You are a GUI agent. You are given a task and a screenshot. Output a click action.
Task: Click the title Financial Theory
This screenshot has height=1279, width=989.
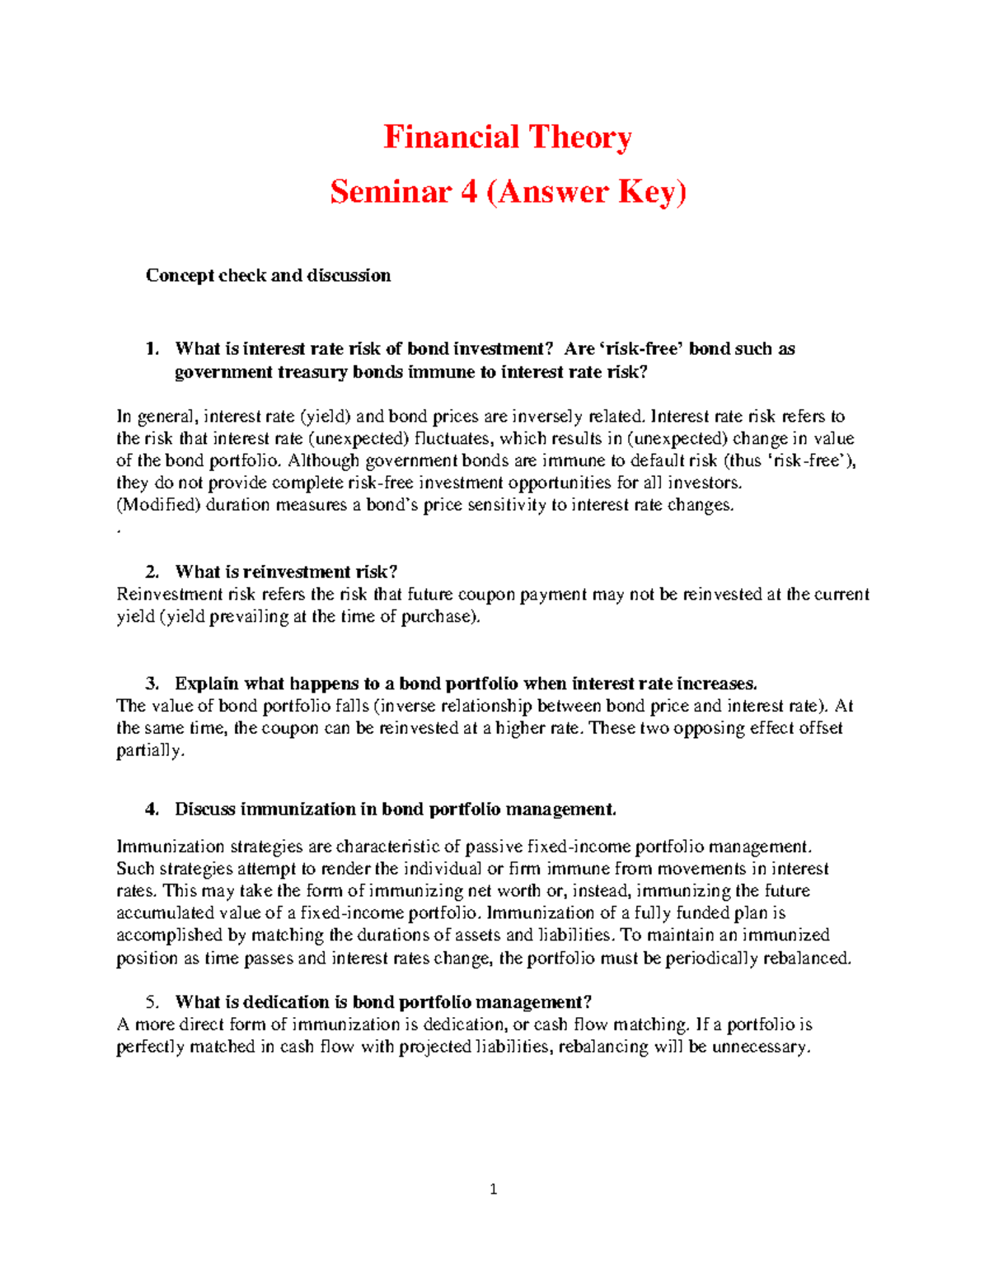pos(507,138)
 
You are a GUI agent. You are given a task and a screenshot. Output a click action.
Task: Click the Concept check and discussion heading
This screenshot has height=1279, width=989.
pos(268,275)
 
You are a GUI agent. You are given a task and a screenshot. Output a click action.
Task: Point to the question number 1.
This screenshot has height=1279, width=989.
pos(151,348)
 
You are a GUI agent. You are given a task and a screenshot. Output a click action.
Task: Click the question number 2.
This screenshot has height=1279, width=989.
pos(151,572)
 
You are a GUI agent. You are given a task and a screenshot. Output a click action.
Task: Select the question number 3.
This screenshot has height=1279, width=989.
pos(151,684)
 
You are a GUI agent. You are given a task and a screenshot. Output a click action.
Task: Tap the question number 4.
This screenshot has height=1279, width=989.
pos(151,809)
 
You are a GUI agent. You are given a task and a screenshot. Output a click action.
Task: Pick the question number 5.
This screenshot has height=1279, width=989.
pos(151,1002)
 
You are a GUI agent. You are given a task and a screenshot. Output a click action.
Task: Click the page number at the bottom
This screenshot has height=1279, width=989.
pos(493,1188)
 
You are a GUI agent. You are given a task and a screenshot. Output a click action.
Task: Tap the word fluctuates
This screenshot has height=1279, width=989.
pos(453,439)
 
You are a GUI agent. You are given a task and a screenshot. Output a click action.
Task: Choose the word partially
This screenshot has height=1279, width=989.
pos(150,750)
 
